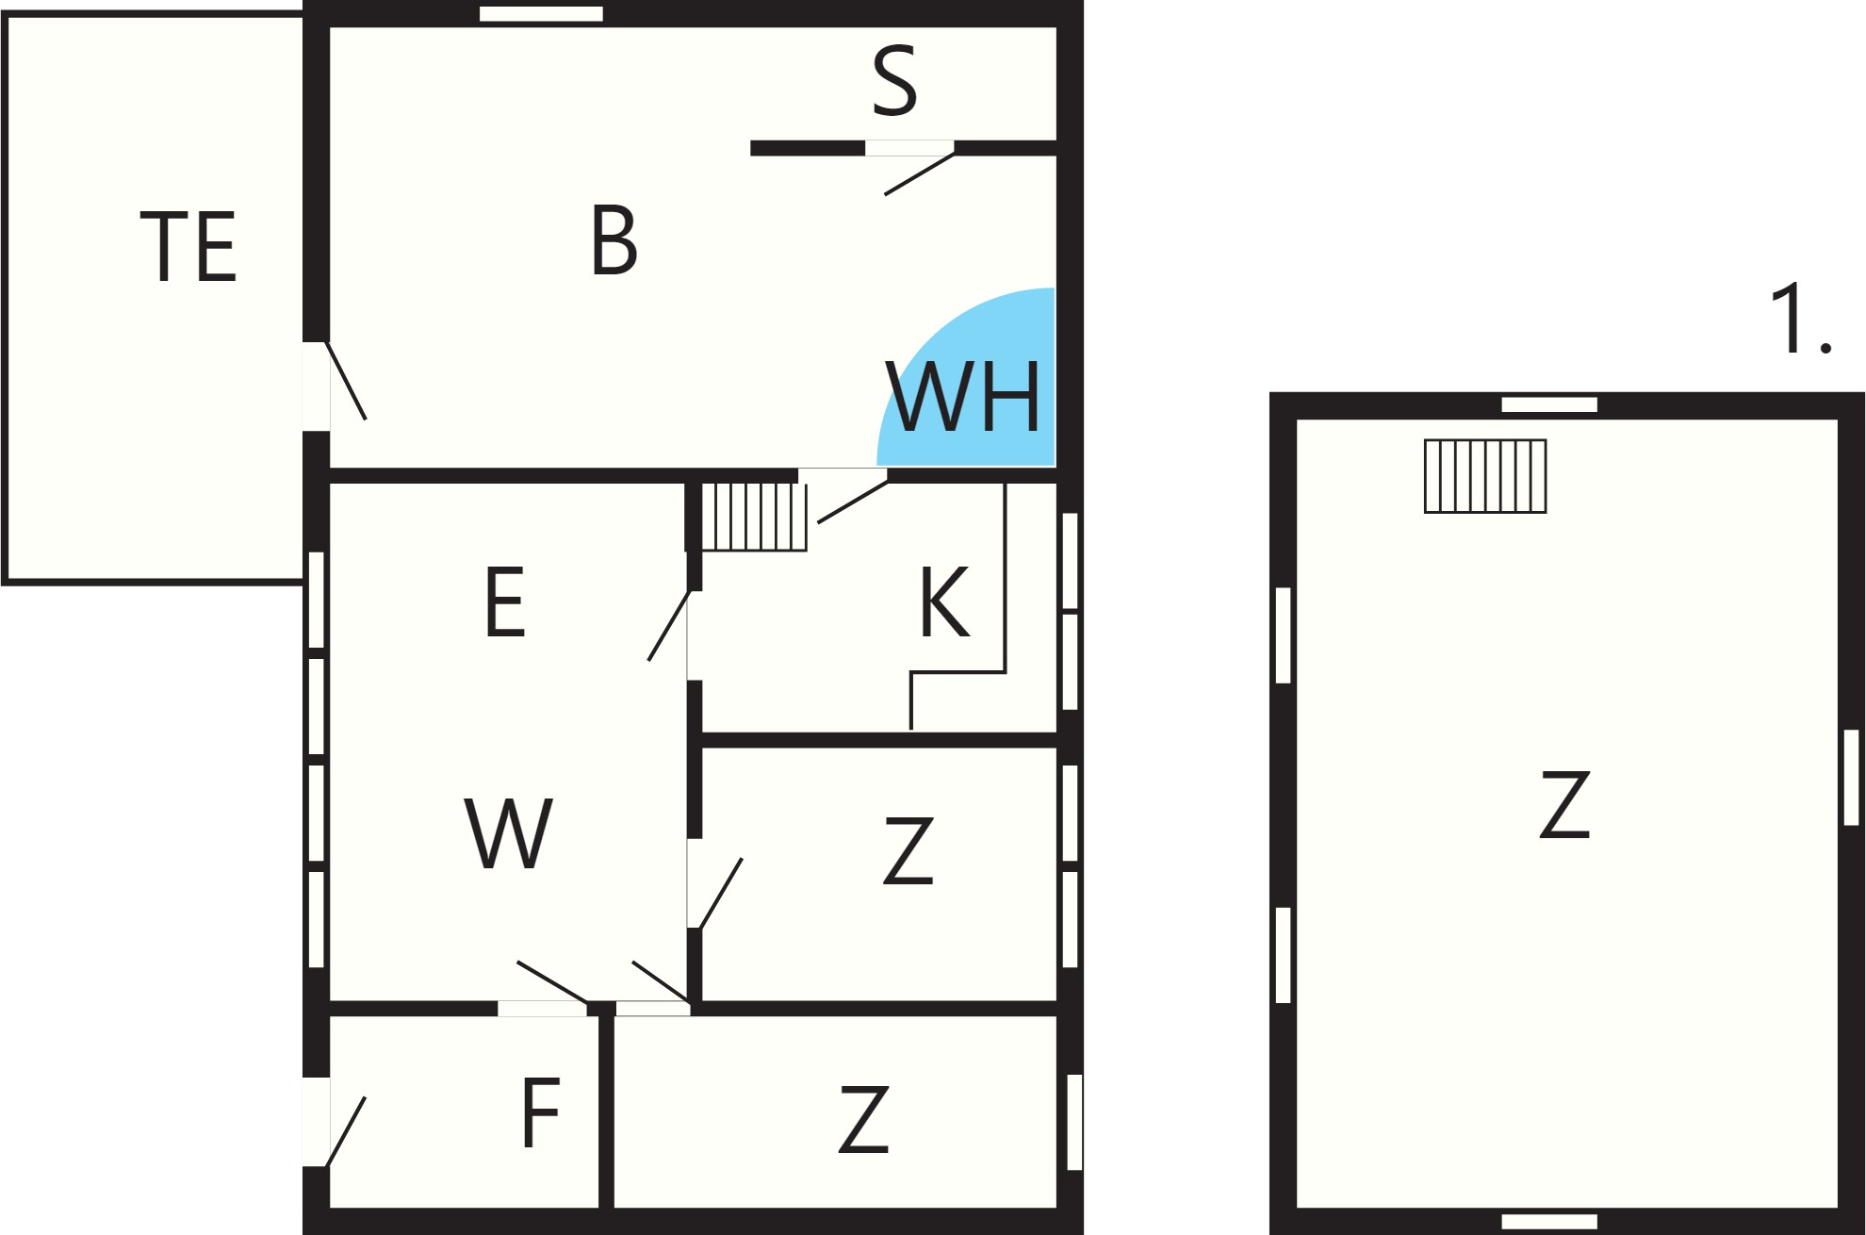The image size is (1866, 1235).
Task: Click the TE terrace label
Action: [x=188, y=246]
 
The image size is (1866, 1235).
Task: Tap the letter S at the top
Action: [x=894, y=81]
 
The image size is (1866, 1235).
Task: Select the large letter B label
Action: [x=614, y=240]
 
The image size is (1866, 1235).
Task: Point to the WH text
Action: [x=963, y=397]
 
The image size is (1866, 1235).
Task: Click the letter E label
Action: [x=505, y=602]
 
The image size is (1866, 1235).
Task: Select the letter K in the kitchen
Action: [x=944, y=602]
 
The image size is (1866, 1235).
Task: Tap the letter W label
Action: [x=509, y=833]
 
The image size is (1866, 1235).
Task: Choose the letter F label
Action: [x=541, y=1112]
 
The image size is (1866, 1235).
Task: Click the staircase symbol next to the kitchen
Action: [x=754, y=517]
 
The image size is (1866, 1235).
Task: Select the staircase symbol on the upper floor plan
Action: [x=1485, y=476]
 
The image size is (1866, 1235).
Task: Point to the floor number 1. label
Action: [x=1801, y=319]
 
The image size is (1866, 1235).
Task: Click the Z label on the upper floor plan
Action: [x=1564, y=804]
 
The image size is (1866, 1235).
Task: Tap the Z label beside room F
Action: [x=864, y=1119]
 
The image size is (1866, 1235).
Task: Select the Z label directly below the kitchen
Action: [x=908, y=851]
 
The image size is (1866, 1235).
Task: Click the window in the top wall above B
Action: [x=541, y=13]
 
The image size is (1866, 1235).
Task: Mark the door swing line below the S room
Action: [x=919, y=174]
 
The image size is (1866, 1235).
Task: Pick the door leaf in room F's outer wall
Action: [x=345, y=1132]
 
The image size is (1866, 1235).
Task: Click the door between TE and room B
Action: [x=346, y=381]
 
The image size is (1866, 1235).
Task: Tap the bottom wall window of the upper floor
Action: [x=1549, y=1222]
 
